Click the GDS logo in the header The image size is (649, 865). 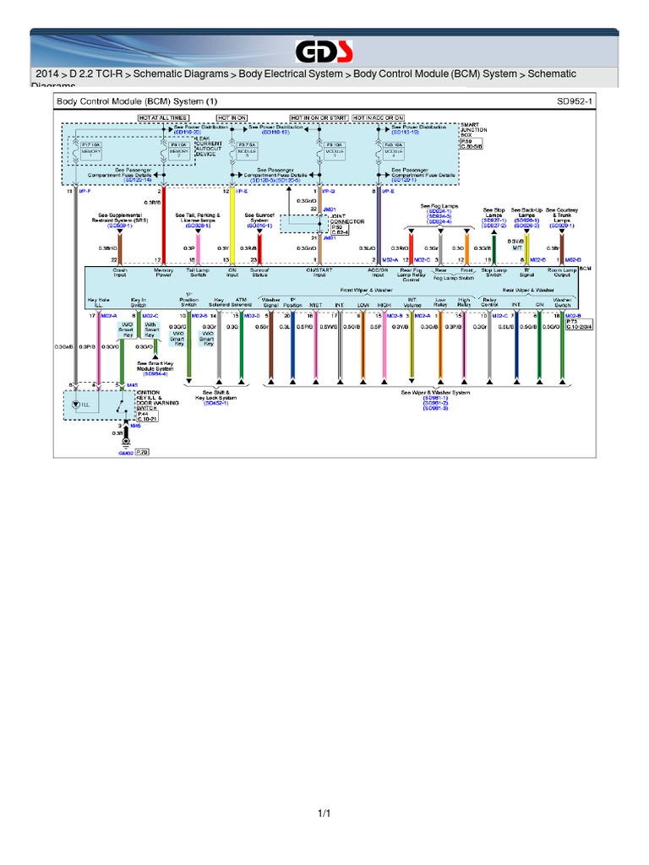coord(324,53)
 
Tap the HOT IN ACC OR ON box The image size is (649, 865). coord(378,117)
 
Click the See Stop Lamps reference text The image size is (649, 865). coord(494,217)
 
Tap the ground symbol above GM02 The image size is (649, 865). coord(126,442)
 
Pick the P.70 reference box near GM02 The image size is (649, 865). coord(143,454)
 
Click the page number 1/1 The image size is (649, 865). coord(324,813)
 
